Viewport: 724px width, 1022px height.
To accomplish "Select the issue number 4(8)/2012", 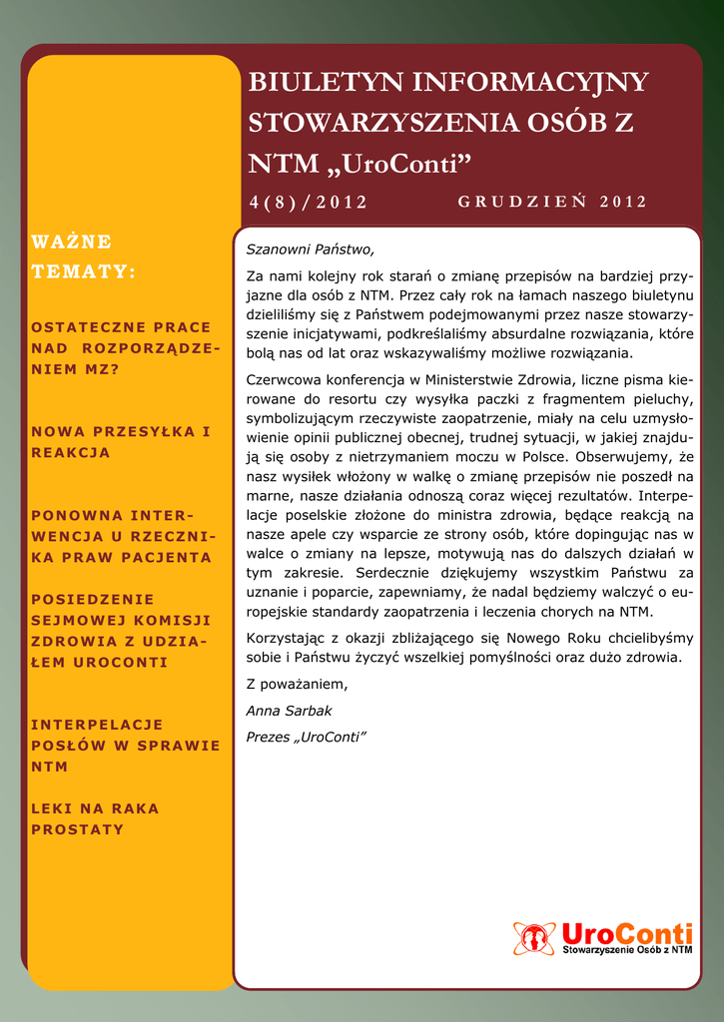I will [x=308, y=203].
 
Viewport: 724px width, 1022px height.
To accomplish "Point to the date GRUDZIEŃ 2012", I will [x=551, y=202].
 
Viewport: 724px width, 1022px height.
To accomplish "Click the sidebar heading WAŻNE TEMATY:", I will [x=84, y=256].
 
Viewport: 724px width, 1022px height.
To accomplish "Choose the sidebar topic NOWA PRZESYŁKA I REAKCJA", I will [x=121, y=442].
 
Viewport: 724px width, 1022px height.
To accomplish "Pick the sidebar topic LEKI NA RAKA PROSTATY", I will [x=95, y=818].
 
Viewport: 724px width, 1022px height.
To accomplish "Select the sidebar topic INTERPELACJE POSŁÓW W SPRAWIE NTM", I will [x=125, y=746].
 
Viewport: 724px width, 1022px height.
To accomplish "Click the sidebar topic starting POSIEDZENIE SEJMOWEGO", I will [x=120, y=631].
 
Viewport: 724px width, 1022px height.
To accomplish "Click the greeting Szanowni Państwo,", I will [x=310, y=249].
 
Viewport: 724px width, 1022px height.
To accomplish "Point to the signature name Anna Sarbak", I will [x=289, y=711].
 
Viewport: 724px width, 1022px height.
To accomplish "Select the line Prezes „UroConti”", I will [x=307, y=737].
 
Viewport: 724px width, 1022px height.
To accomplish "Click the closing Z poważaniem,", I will [x=297, y=685].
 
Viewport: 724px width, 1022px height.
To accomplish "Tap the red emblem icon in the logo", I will [x=533, y=938].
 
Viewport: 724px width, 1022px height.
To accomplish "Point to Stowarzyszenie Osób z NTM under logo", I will [x=627, y=952].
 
